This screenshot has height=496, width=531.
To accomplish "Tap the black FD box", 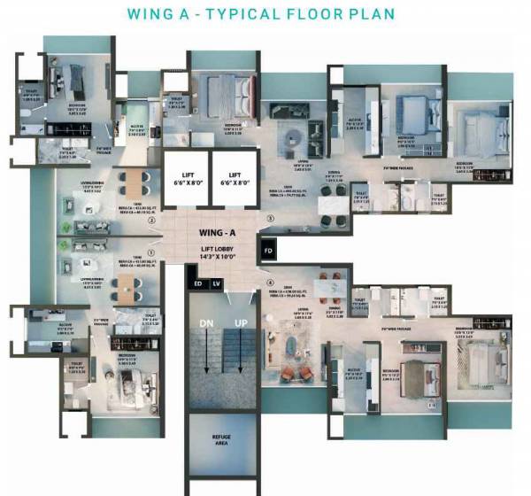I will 269,252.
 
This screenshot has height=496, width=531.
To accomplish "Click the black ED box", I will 198,283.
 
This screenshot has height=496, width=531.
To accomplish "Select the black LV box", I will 215,283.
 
